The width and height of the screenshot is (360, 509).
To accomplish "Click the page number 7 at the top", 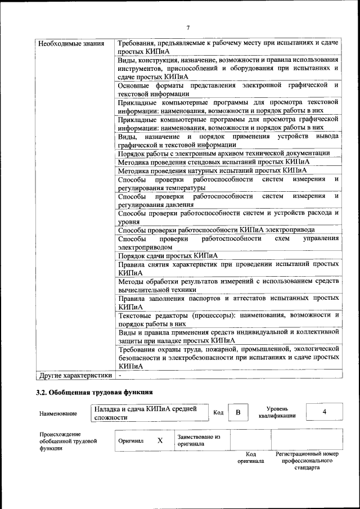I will pos(188,27).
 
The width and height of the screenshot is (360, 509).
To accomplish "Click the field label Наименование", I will pos(58,413).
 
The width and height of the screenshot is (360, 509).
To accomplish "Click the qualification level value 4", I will pos(324,412).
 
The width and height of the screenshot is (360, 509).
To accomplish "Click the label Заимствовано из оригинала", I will pos(199,440).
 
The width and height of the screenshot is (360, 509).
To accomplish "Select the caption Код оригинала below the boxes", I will pos(250,457).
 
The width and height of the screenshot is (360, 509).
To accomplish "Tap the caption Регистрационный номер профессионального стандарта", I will pos(307,460).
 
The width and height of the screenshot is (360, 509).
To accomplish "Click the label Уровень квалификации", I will pos(277,412).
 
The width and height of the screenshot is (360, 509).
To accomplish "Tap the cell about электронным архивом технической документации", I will pos(223,153).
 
